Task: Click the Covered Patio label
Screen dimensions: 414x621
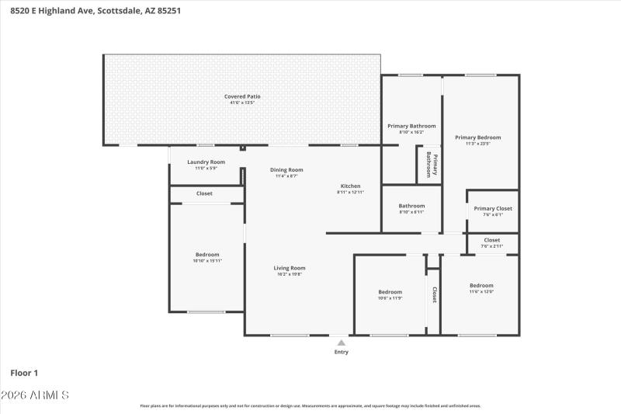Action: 242,96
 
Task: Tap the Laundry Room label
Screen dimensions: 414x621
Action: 206,162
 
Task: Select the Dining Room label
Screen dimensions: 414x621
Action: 286,169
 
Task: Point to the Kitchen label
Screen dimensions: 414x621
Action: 350,186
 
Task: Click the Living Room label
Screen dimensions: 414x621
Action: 289,268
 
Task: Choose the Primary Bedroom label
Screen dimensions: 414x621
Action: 477,137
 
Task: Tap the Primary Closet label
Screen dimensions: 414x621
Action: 493,208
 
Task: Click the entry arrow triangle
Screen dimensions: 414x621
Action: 341,341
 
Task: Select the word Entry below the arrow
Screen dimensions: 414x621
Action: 341,352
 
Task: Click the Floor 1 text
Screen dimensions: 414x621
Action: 25,373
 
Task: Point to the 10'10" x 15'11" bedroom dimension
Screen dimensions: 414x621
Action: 207,261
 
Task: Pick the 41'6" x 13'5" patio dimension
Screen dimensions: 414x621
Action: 242,103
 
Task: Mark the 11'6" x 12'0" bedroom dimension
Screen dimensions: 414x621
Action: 481,292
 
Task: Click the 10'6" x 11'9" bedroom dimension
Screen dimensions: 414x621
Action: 390,298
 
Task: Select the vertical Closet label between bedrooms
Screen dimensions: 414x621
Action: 434,294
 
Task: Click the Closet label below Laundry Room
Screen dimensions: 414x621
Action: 204,193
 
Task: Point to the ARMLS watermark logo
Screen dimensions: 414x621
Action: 36,395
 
